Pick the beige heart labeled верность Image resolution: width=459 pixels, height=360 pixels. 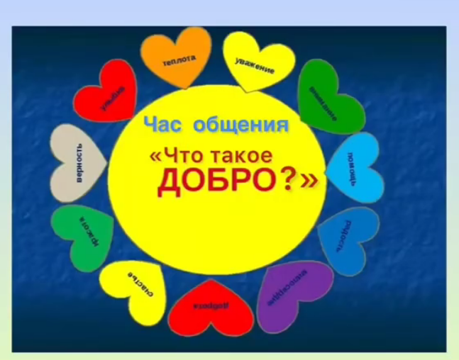pos(78,163)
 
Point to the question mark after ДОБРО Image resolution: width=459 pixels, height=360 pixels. pos(289,181)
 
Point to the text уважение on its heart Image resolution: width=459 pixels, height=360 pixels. pos(255,65)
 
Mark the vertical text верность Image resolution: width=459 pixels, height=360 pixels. pos(80,164)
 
